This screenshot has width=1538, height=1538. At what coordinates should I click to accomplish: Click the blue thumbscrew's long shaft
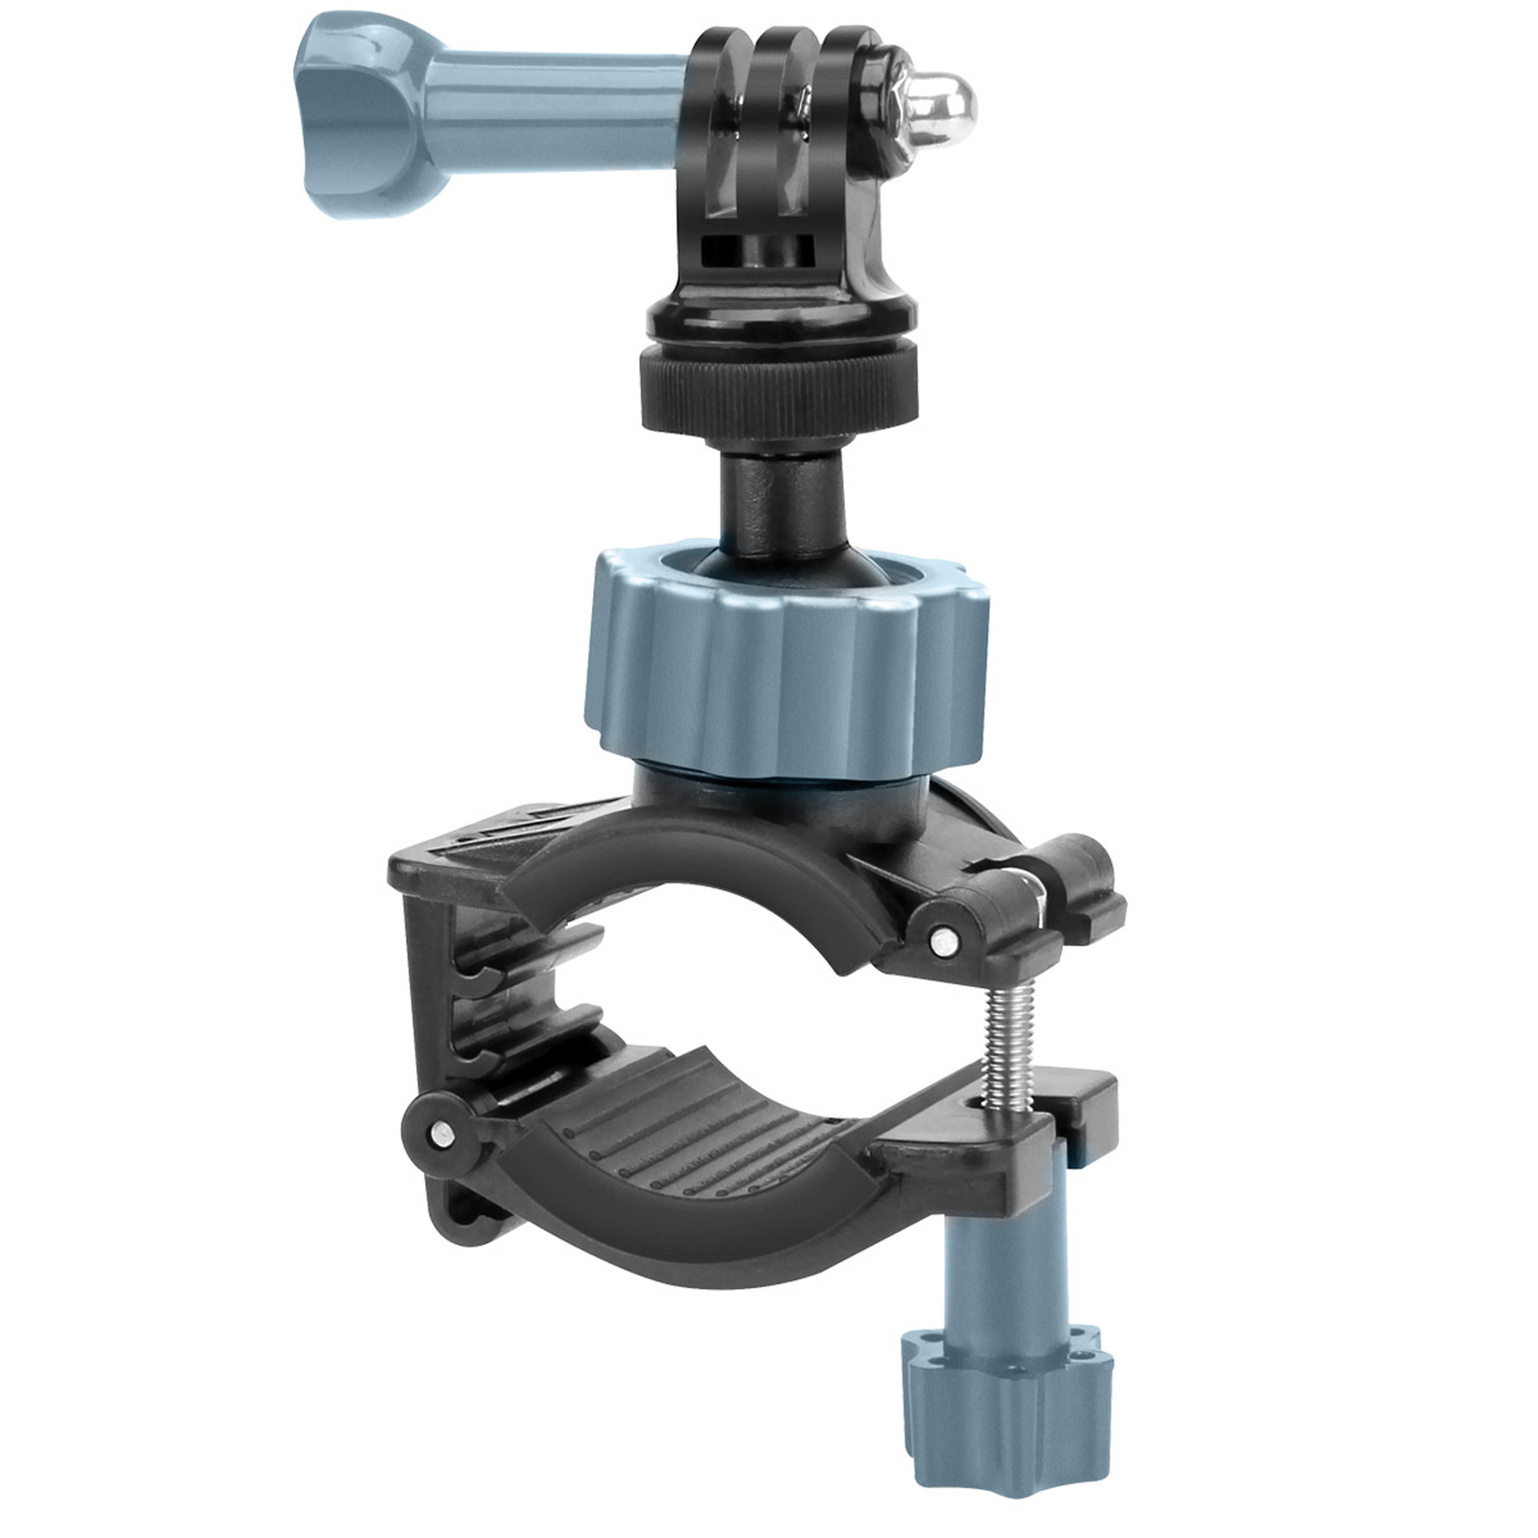[558, 111]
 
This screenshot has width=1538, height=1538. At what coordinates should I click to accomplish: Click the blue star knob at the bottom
[1005, 1394]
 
